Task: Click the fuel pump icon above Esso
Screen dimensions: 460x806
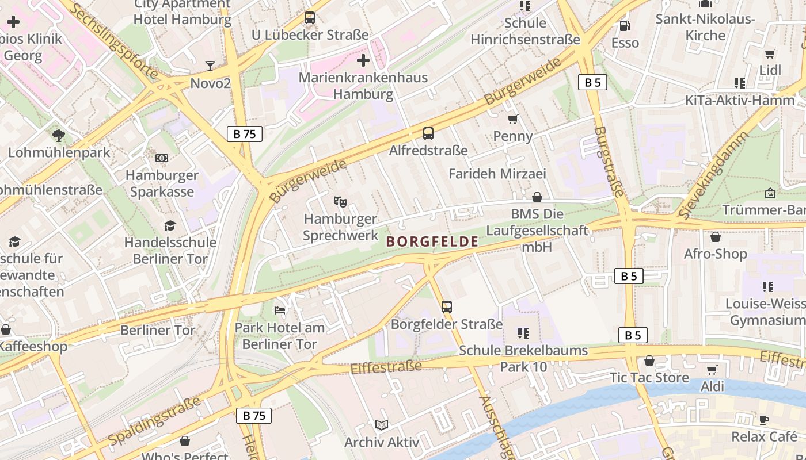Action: (625, 26)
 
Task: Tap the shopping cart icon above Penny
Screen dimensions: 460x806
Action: (513, 120)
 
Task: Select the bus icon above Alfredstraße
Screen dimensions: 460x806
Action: (428, 133)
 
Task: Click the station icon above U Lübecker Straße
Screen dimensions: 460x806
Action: (310, 18)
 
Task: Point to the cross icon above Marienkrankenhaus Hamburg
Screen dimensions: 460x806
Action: (363, 60)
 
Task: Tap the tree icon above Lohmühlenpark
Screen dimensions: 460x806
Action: (58, 136)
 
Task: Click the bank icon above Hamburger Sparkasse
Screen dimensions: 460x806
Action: (162, 158)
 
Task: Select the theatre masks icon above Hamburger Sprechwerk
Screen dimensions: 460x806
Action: (340, 201)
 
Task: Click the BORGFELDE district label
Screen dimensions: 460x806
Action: (432, 241)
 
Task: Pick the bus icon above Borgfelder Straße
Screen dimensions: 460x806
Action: (447, 307)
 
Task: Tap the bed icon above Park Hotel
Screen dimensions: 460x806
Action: (280, 310)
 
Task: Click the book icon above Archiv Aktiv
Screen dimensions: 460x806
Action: (382, 425)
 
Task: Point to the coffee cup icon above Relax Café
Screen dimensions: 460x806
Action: (764, 420)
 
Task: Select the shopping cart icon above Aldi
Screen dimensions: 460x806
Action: (712, 370)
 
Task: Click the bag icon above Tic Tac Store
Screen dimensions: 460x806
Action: (649, 361)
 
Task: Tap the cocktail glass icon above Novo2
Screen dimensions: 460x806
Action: (210, 66)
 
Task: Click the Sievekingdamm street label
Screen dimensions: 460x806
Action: (714, 175)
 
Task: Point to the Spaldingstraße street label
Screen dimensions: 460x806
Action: (154, 421)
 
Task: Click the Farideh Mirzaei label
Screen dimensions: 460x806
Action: (497, 174)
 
